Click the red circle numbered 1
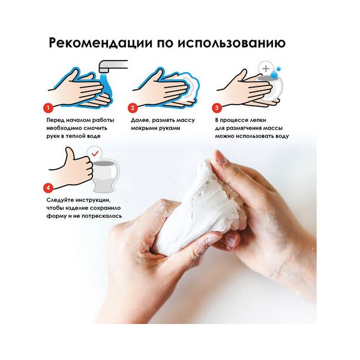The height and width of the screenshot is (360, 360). click(48, 108)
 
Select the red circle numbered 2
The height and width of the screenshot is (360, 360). click(133, 108)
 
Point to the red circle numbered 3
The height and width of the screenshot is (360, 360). click(217, 108)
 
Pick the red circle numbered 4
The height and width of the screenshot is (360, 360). click(48, 188)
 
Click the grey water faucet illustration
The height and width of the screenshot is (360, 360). click(113, 65)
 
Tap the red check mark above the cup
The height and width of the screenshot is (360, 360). click(95, 154)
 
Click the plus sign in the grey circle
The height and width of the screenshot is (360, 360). click(266, 68)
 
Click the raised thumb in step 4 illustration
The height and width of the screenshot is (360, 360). click(70, 154)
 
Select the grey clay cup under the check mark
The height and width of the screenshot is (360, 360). click(106, 176)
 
